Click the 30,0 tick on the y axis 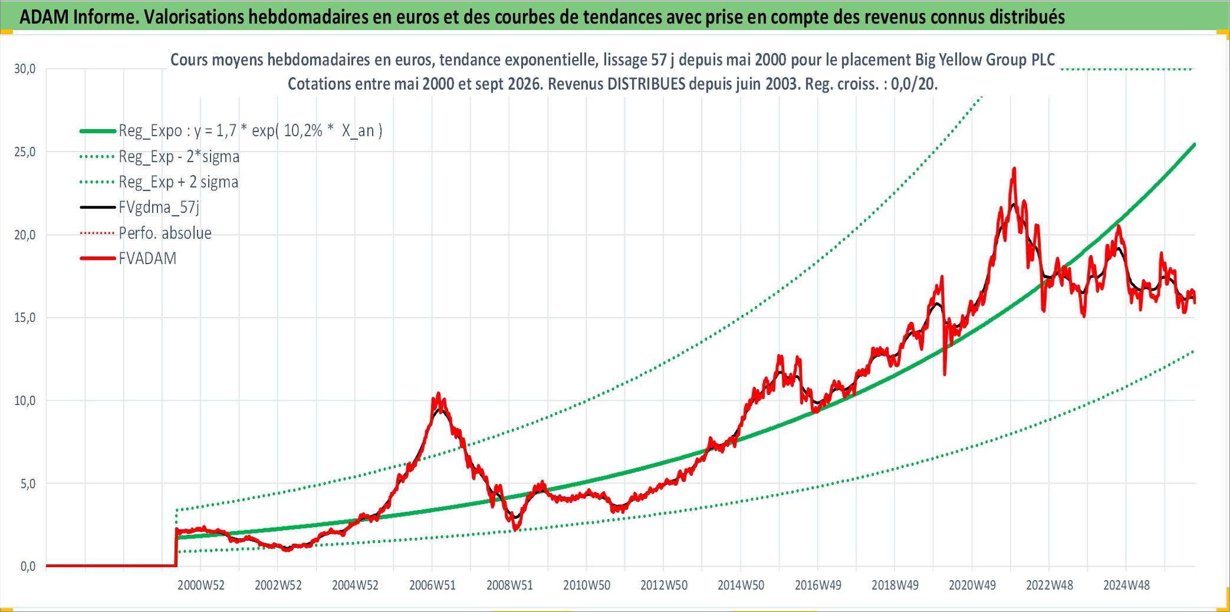point(25,69)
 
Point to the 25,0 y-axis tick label point(25,152)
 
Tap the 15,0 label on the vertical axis point(25,318)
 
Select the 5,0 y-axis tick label point(28,484)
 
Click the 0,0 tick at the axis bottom point(28,567)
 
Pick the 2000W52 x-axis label point(201,585)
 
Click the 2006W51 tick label point(433,585)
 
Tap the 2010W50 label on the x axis point(587,585)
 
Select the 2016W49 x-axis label point(818,585)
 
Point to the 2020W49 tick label point(972,585)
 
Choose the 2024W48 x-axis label point(1126,585)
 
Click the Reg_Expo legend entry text point(251,131)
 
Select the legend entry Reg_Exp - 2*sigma point(179,157)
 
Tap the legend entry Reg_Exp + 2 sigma point(179,182)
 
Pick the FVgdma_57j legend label point(159,208)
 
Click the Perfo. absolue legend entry point(165,233)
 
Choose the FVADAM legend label point(147,258)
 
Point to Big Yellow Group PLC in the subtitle point(985,60)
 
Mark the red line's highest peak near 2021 point(1014,169)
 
